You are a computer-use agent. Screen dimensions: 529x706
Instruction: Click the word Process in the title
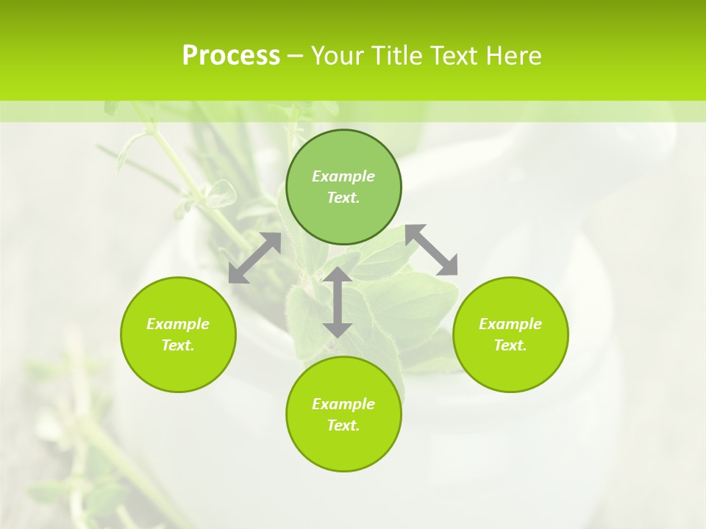click(x=231, y=56)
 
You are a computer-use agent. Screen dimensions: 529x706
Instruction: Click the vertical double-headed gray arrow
click(x=338, y=302)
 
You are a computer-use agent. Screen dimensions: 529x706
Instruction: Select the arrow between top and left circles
click(x=254, y=258)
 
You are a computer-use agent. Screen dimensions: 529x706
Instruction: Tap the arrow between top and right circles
click(x=432, y=250)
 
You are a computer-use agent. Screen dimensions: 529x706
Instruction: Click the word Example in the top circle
click(x=343, y=176)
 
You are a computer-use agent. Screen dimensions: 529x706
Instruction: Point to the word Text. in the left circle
click(x=178, y=345)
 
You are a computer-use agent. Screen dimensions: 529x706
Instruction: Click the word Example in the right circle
click(x=510, y=324)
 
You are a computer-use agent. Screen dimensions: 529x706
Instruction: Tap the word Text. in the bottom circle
click(x=343, y=425)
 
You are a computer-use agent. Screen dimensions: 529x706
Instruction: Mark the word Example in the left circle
click(x=178, y=324)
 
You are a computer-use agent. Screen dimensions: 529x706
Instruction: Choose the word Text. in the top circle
click(x=343, y=198)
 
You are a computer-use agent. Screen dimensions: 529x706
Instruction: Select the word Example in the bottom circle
click(x=343, y=404)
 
